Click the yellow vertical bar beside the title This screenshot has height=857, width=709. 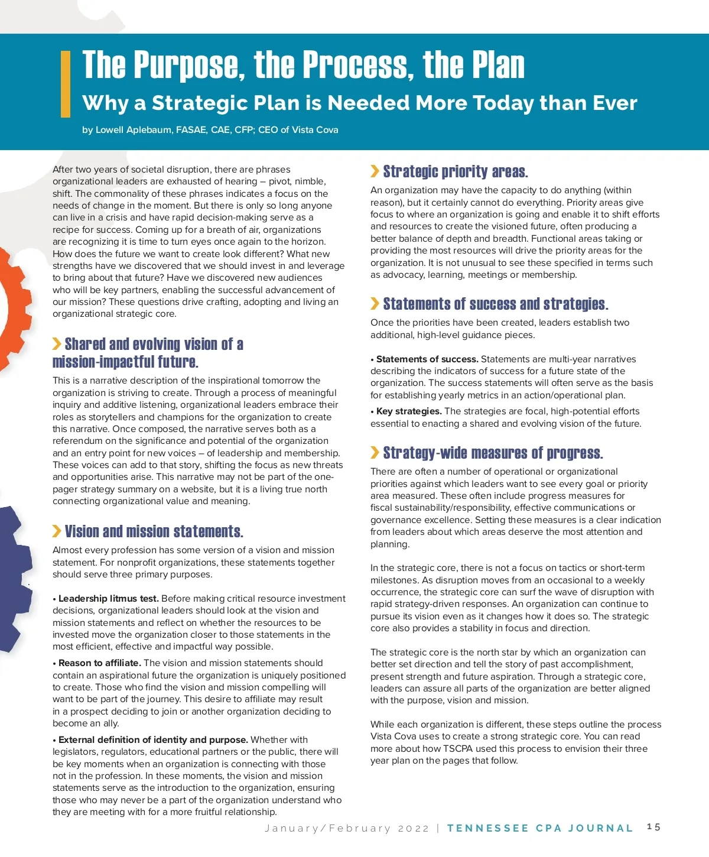click(x=66, y=84)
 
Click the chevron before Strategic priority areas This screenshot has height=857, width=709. click(x=375, y=171)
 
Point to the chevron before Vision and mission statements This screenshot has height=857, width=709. click(x=57, y=531)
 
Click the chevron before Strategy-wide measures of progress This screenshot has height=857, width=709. click(x=375, y=453)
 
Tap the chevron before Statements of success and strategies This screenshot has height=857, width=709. click(x=375, y=304)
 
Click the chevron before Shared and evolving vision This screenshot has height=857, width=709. click(x=57, y=344)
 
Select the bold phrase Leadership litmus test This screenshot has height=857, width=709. click(x=108, y=599)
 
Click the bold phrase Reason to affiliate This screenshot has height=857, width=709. click(x=99, y=663)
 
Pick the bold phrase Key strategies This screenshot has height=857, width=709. click(x=409, y=411)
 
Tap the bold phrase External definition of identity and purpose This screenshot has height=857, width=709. click(x=153, y=740)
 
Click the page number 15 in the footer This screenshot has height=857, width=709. click(x=653, y=827)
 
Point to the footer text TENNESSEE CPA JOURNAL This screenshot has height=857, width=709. click(x=540, y=828)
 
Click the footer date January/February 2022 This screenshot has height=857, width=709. click(x=347, y=829)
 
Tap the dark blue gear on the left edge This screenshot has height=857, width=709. click(x=11, y=579)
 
